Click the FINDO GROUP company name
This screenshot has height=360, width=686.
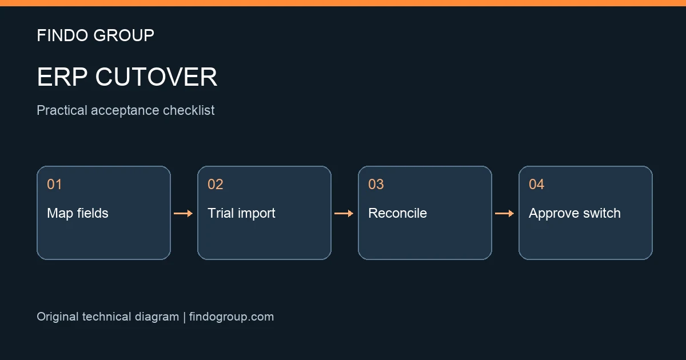95,35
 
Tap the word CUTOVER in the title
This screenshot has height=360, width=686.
156,77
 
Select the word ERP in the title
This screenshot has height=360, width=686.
62,77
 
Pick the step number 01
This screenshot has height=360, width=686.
54,184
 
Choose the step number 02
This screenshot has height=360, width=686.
216,184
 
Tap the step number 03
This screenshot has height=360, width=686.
376,184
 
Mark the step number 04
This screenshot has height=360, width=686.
537,184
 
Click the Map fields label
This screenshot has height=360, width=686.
78,213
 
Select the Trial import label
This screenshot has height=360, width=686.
242,213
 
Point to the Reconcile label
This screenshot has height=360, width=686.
397,213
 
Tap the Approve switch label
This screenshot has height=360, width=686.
575,213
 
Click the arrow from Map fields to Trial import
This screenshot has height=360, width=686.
183,213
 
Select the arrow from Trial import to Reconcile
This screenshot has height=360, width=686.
344,213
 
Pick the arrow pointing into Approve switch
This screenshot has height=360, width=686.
504,213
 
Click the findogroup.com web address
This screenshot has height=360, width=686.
232,317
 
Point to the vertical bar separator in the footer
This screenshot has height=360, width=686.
184,317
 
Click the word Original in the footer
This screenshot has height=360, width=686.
58,317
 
